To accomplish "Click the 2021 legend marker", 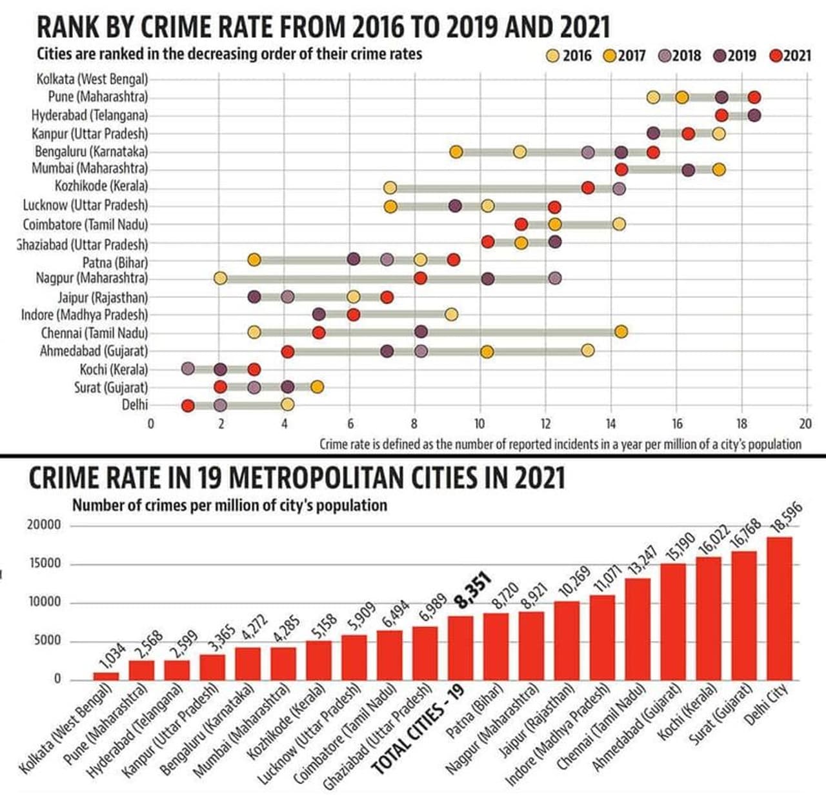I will coord(776,55).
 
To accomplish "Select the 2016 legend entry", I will coord(554,55).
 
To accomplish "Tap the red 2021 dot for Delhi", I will coord(188,406).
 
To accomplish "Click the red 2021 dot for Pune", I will coord(754,97).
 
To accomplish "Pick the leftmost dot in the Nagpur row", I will coord(221,278).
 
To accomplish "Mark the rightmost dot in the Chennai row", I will coord(621,332).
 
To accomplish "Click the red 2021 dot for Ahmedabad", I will coord(288,352).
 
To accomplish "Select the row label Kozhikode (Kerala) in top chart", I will coord(101,186).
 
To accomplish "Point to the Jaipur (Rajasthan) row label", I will coord(103,297).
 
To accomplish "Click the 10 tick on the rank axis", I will coord(479,424).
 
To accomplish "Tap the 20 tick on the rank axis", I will coord(805,424).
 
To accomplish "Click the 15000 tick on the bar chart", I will coord(44,564).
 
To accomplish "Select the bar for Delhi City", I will coord(779,608).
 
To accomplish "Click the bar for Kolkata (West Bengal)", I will coord(106,676).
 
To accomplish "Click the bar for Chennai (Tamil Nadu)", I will coord(638,629).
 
